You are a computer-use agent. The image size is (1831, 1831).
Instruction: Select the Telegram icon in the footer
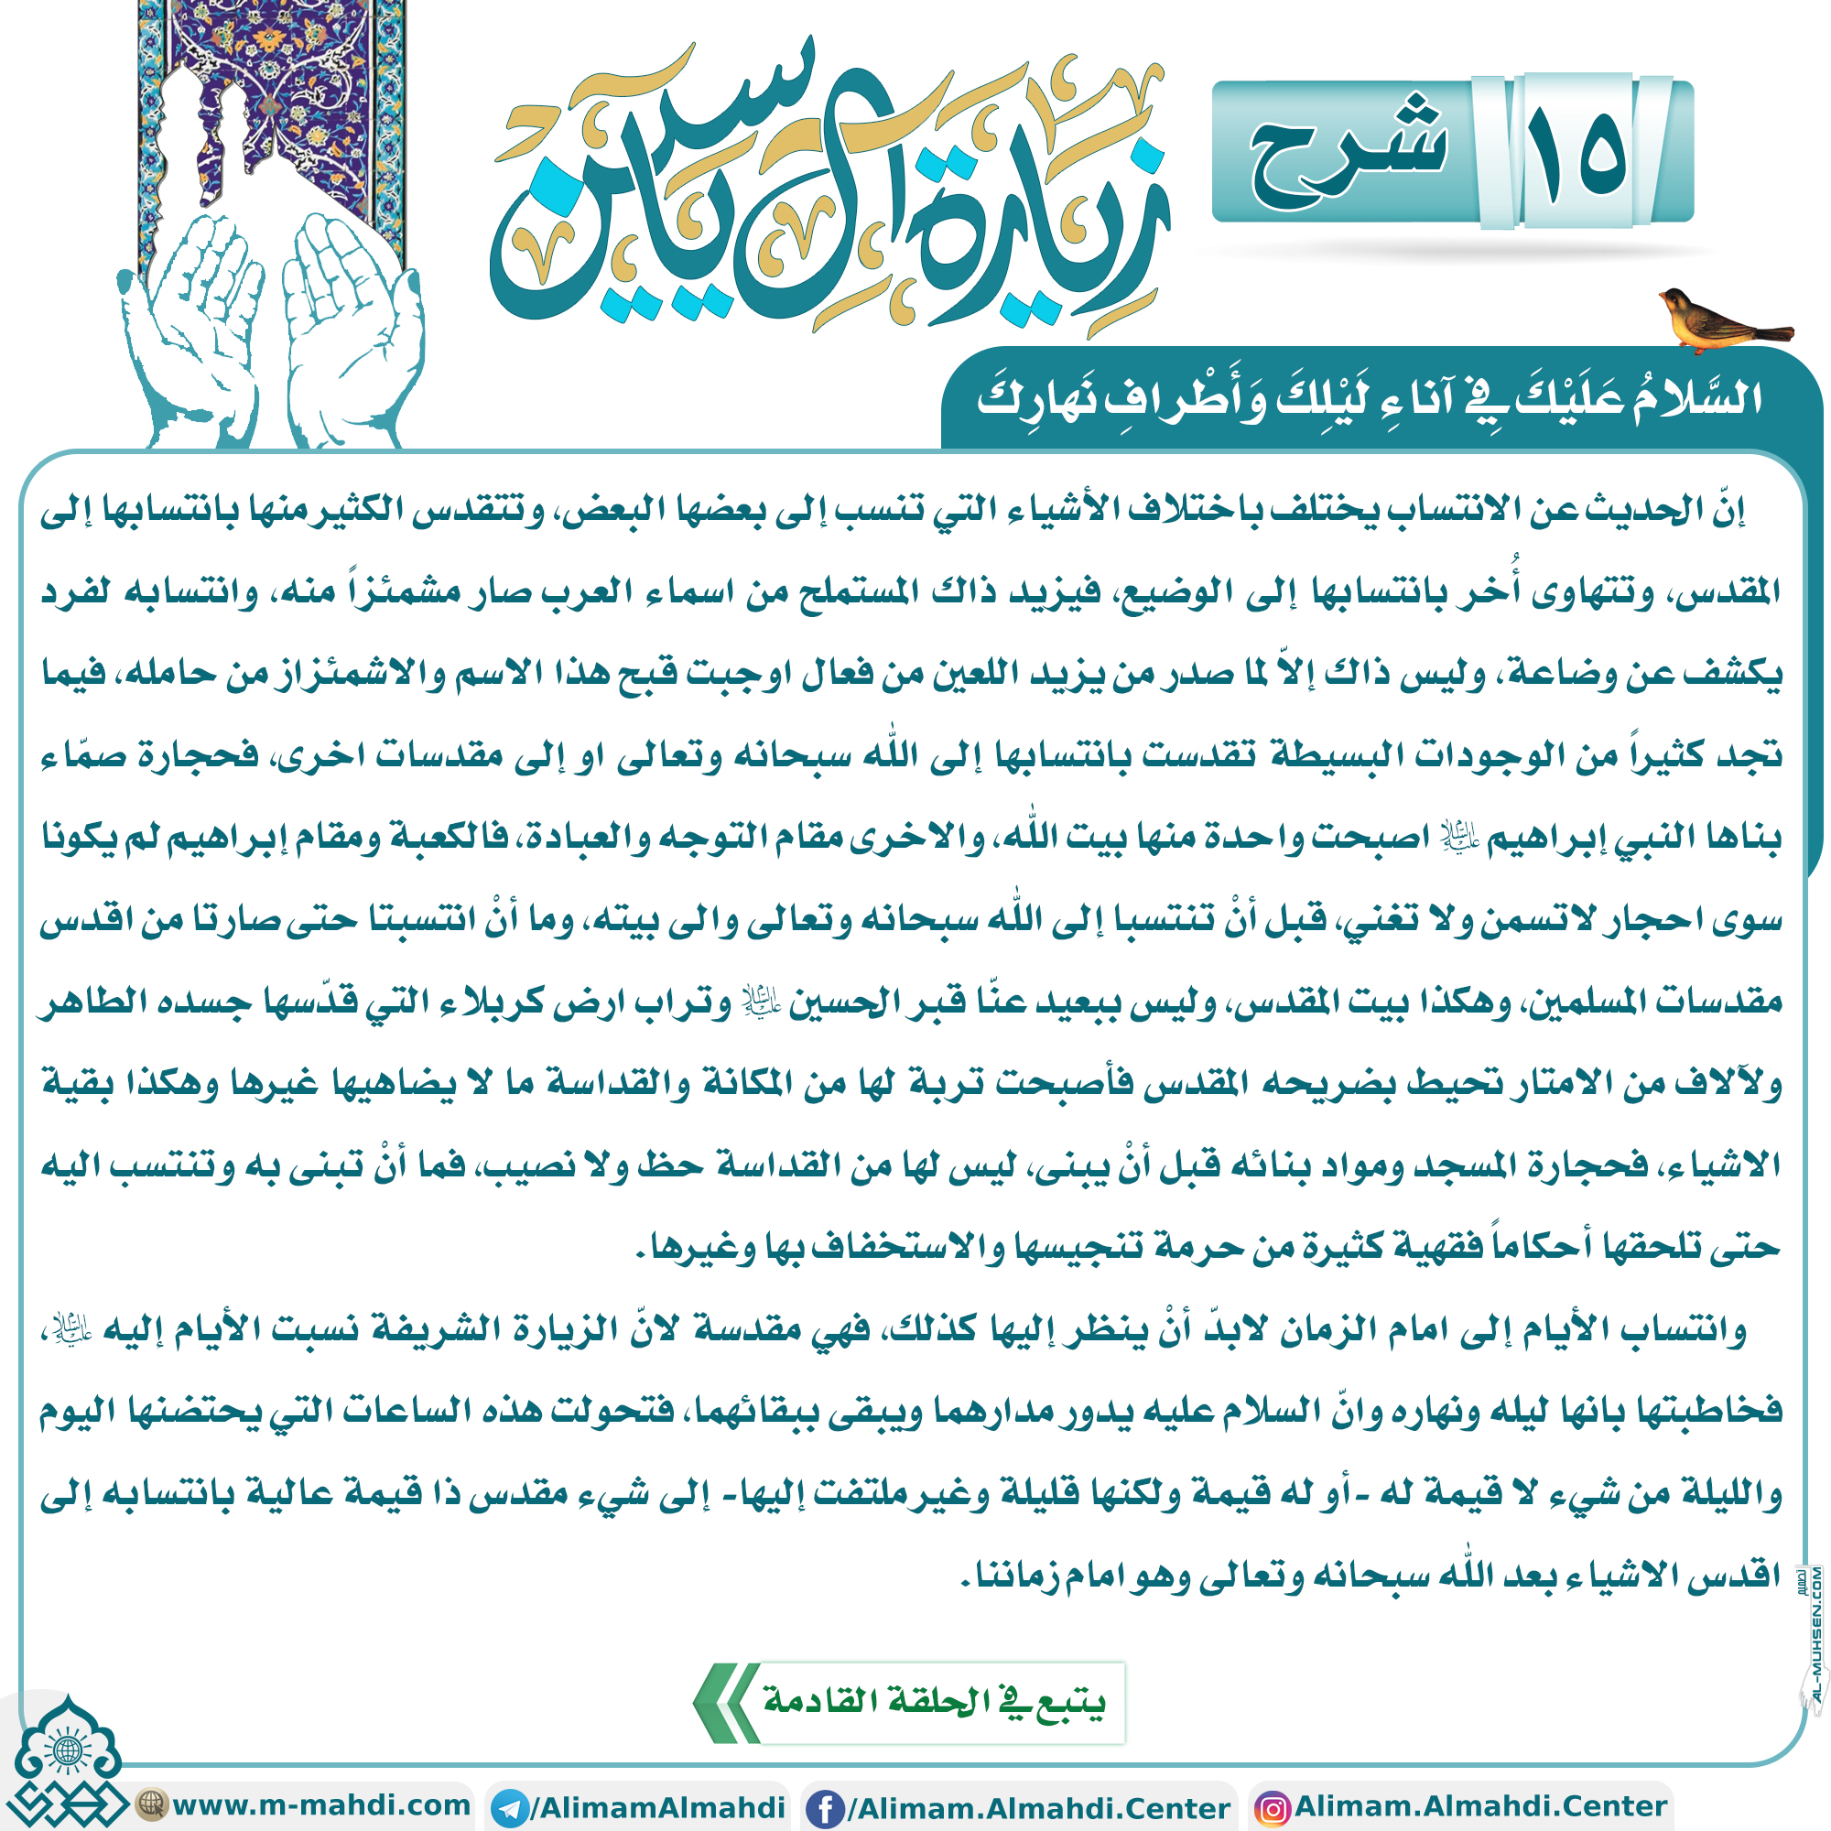point(512,1807)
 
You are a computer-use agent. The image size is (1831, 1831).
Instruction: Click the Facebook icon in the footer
point(825,1807)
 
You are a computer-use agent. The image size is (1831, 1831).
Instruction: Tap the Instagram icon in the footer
point(1272,1807)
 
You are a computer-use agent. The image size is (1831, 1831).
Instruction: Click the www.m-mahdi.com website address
point(320,1804)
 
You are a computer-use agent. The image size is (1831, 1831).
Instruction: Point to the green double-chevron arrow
point(726,1702)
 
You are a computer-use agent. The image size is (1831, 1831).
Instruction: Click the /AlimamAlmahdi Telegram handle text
point(657,1807)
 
